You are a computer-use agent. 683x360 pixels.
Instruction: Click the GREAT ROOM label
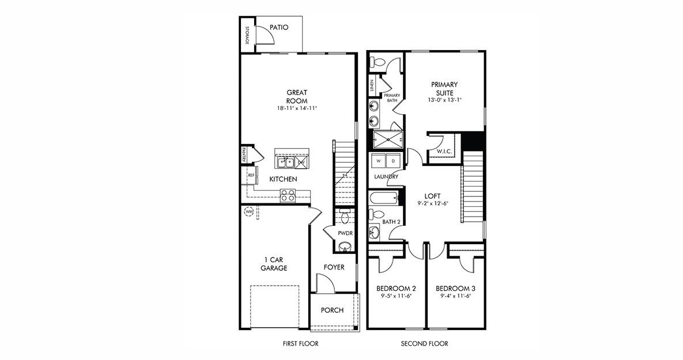297,96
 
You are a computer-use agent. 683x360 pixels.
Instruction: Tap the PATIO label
278,27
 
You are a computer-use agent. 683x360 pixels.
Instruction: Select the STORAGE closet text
247,35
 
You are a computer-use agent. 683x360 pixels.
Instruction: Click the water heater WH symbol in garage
249,211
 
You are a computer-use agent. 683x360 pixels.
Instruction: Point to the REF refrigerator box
251,175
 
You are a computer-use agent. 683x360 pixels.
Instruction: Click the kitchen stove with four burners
287,195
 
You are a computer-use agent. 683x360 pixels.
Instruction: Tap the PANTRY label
244,154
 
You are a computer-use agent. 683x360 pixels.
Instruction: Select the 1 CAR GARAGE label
273,264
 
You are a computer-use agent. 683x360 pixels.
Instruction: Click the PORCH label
332,310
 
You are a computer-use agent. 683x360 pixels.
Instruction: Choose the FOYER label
334,267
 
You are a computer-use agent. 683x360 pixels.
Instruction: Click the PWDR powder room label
346,233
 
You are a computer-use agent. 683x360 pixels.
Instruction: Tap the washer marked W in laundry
379,161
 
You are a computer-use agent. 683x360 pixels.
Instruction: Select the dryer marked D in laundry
394,161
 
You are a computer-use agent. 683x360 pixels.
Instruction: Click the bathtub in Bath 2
384,199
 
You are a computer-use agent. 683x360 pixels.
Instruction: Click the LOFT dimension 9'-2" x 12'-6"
433,203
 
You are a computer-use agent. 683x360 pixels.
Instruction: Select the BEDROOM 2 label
396,288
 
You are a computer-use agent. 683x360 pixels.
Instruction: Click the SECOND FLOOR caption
424,344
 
